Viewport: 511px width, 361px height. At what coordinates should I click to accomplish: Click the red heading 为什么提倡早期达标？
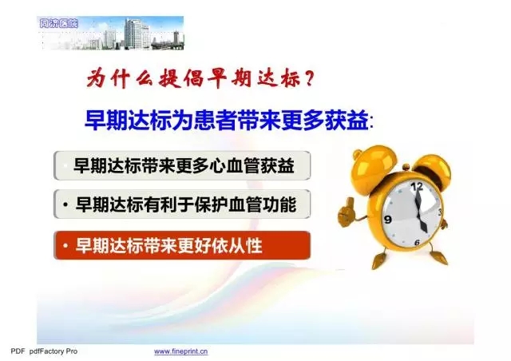pyautogui.click(x=200, y=78)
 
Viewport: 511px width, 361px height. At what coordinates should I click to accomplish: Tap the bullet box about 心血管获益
pyautogui.click(x=182, y=165)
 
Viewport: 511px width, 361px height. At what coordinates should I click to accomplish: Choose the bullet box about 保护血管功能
pyautogui.click(x=182, y=204)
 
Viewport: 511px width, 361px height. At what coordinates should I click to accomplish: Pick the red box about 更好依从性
pyautogui.click(x=182, y=245)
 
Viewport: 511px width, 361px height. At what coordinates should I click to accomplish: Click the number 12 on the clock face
pyautogui.click(x=417, y=187)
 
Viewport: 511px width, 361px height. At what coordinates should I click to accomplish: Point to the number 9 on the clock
pyautogui.click(x=388, y=219)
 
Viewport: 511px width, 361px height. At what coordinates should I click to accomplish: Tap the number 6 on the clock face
pyautogui.click(x=417, y=242)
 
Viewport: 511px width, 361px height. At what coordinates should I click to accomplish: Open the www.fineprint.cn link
pyautogui.click(x=181, y=351)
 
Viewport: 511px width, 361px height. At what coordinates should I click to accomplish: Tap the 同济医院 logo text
pyautogui.click(x=58, y=23)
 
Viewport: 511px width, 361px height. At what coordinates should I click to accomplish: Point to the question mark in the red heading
pyautogui.click(x=309, y=78)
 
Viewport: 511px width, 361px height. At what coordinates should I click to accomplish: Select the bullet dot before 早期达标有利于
pyautogui.click(x=65, y=204)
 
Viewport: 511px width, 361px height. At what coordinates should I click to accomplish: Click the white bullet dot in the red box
pyautogui.click(x=65, y=245)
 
